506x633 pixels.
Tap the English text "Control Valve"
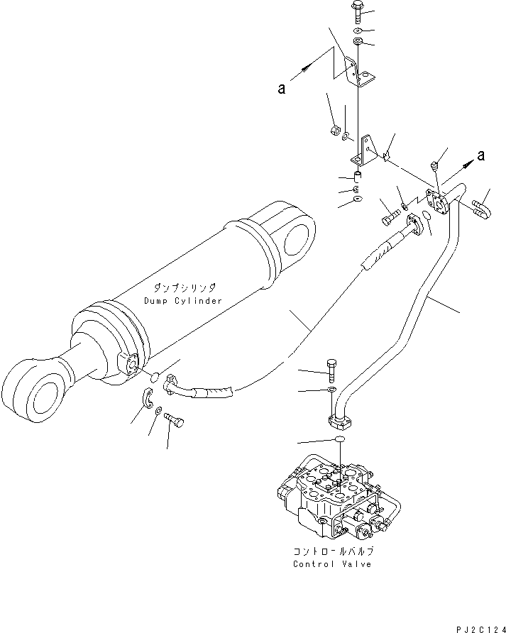(x=331, y=564)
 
